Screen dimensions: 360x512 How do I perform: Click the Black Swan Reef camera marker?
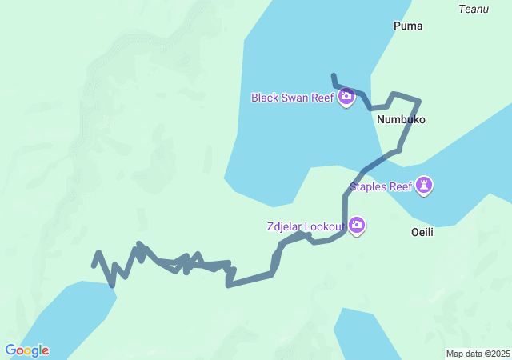coord(346,97)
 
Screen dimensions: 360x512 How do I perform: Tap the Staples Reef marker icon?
coord(424,186)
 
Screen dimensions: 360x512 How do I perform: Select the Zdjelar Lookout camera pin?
coord(357,226)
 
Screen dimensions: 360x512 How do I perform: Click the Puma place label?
coord(408,26)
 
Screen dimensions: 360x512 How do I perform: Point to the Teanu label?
coord(472,9)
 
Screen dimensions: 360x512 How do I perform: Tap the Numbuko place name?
coord(401,119)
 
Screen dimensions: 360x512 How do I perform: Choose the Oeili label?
coord(422,232)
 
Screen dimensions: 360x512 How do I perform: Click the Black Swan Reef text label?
coord(293,98)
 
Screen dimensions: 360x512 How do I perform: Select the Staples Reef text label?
coord(381,187)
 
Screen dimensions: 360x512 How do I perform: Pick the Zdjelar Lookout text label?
coord(306,226)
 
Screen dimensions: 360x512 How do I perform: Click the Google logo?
coord(26,350)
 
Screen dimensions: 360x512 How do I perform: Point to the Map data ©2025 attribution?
coord(478,354)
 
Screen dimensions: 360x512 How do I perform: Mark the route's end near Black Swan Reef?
coord(334,76)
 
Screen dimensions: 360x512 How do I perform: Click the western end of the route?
coord(94,265)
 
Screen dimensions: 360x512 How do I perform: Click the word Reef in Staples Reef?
coord(400,187)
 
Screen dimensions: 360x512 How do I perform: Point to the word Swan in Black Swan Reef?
coord(295,98)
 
